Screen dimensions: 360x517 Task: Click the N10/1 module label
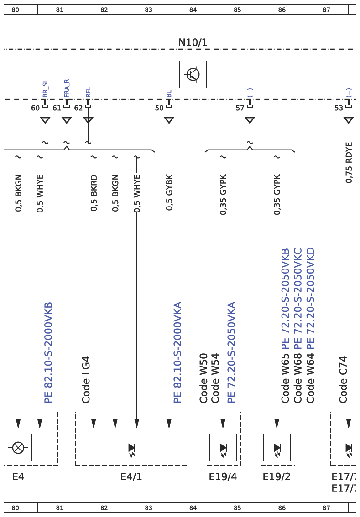tap(193, 42)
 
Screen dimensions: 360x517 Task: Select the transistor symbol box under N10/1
tap(193, 74)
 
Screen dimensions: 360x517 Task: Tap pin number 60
tap(35, 108)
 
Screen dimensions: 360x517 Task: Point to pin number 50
tap(159, 108)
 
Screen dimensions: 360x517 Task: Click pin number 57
tap(240, 108)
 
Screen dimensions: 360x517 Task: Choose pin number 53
tap(339, 108)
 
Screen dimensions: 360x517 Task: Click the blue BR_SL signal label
tap(45, 88)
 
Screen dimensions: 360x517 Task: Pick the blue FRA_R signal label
tap(67, 88)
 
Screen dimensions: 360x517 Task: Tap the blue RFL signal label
tap(88, 92)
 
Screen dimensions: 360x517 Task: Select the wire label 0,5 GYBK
tap(169, 192)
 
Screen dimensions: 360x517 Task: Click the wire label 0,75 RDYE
tap(349, 163)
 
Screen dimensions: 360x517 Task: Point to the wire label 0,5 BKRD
tap(94, 193)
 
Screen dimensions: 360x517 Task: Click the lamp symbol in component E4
tap(18, 448)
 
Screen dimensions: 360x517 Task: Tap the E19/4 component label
tap(223, 477)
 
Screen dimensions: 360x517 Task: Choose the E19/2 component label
tap(277, 477)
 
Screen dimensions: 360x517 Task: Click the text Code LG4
tap(86, 379)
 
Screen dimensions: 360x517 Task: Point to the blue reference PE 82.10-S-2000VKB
tap(48, 352)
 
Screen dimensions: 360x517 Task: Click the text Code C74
tap(343, 379)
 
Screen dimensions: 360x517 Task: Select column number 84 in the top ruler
tap(193, 10)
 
